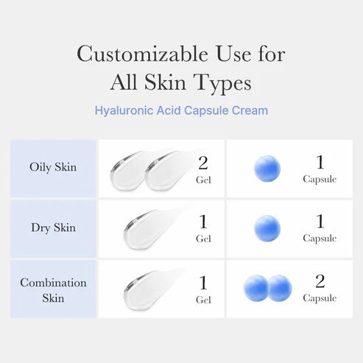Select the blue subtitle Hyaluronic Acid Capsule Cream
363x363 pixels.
pos(181,110)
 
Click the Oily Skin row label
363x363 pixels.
pos(53,166)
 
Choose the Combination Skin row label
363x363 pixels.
pos(53,290)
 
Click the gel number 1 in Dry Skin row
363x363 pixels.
pos(203,222)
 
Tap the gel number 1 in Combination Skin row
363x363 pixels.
pos(203,283)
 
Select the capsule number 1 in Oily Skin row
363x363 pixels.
pos(320,161)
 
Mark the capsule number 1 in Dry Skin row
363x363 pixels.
pos(320,221)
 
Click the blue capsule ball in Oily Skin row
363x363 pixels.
pos(267,169)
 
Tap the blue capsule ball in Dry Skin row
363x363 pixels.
pos(267,228)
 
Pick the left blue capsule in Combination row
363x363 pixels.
pos(256,288)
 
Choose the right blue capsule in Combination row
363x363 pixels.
pos(279,288)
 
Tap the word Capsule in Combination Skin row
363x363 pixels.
pos(320,298)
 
